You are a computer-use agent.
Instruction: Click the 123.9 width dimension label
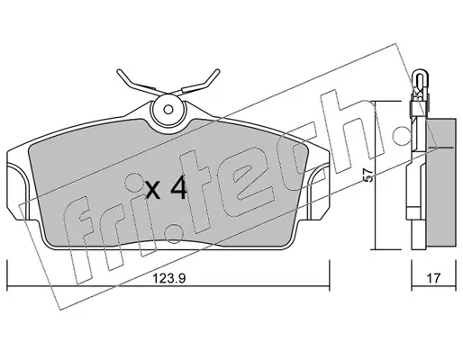click(169, 279)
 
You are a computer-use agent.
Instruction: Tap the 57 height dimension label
click(368, 175)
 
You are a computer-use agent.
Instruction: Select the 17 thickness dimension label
click(433, 278)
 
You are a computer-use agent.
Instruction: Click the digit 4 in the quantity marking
click(178, 188)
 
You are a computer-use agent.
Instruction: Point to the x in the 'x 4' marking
click(153, 191)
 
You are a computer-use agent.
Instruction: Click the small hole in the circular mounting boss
click(168, 110)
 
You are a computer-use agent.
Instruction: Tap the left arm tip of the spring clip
click(119, 72)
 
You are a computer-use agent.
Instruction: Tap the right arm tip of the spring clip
click(217, 72)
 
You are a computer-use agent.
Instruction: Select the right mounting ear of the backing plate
click(318, 192)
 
